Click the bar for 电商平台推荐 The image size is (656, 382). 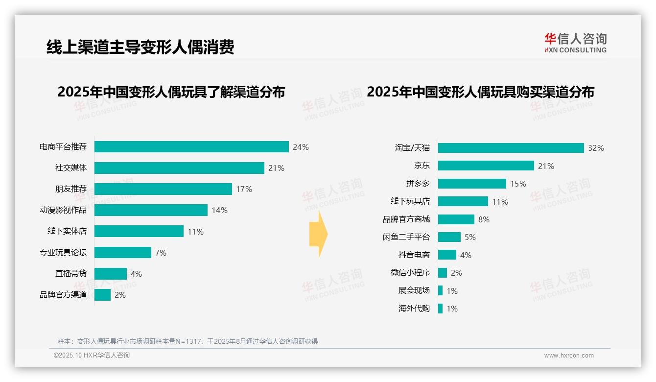191,147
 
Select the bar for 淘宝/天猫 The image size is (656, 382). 511,148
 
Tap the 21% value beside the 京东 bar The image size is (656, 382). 546,166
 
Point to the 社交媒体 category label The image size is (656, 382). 70,168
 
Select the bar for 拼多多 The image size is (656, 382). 472,184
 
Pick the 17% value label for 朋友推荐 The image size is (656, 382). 244,189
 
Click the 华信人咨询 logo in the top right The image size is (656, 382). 575,43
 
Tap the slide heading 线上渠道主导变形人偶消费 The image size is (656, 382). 141,47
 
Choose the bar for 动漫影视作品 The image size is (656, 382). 151,210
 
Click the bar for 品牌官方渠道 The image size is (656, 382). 102,295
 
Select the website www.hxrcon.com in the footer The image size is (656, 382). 569,356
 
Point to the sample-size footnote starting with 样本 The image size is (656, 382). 187,341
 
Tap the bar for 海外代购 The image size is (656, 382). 440,309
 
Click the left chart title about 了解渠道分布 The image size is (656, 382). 171,92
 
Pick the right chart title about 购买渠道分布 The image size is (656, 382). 480,92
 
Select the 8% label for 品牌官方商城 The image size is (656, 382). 484,219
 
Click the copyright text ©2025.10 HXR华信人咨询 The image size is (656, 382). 92,356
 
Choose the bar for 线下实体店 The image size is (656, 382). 139,231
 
